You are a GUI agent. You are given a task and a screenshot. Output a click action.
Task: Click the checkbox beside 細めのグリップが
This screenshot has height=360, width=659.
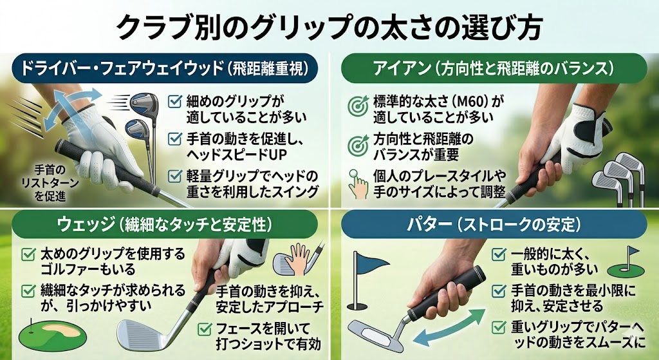(x=174, y=102)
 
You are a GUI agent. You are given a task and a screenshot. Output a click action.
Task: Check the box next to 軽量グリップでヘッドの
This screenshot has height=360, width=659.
(x=174, y=176)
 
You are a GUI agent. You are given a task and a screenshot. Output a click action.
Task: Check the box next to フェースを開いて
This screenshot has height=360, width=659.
(x=207, y=327)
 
